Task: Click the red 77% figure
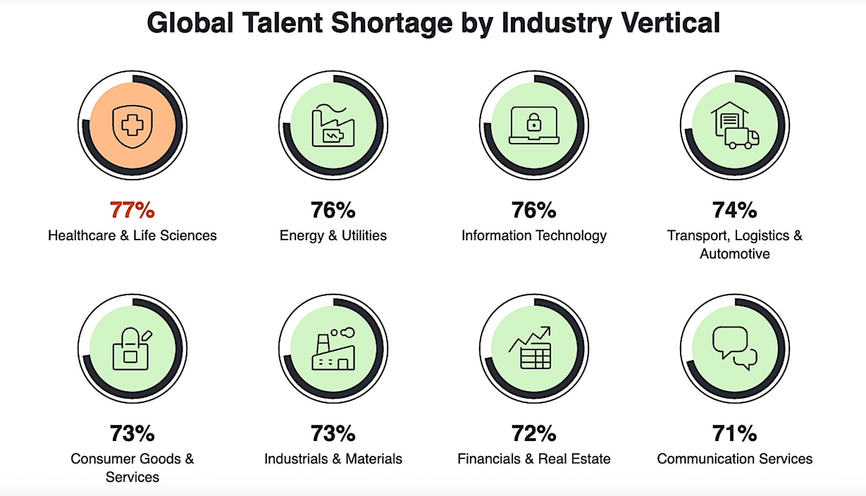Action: pos(132,210)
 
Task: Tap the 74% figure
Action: pos(734,210)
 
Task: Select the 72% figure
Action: pos(534,433)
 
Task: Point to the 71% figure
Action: pos(734,433)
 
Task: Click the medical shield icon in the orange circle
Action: pos(132,126)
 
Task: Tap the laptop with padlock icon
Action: pos(534,125)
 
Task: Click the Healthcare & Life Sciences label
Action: pos(132,236)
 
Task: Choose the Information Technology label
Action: pos(534,236)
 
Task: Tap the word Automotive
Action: pos(734,254)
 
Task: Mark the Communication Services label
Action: pos(734,459)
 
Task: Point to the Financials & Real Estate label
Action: pos(534,459)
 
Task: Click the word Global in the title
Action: pos(190,23)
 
